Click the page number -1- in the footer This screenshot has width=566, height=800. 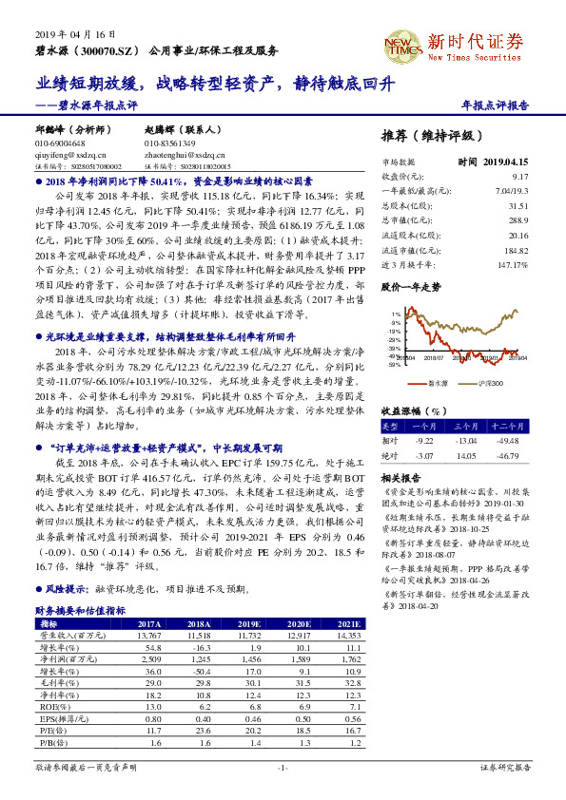pos(282,766)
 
